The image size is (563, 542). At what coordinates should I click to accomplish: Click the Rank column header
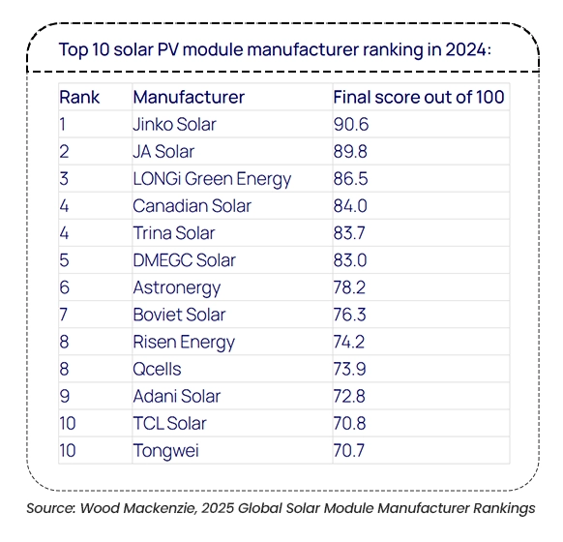[x=79, y=97]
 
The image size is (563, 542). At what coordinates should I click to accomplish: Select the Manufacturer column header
[x=189, y=97]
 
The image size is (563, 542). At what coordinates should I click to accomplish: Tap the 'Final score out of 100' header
[x=419, y=97]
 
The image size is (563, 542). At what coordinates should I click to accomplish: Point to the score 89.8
[x=350, y=152]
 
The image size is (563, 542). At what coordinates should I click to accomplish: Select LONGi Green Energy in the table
[x=212, y=179]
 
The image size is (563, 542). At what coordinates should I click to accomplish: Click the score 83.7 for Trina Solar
[x=349, y=233]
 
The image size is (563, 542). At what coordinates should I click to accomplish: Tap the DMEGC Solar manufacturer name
[x=185, y=260]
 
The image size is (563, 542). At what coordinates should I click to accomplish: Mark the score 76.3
[x=349, y=315]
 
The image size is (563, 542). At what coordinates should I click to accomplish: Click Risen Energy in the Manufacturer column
[x=184, y=343]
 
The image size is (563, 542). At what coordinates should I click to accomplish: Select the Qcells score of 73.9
[x=350, y=369]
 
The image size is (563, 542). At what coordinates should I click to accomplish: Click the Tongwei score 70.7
[x=349, y=451]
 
